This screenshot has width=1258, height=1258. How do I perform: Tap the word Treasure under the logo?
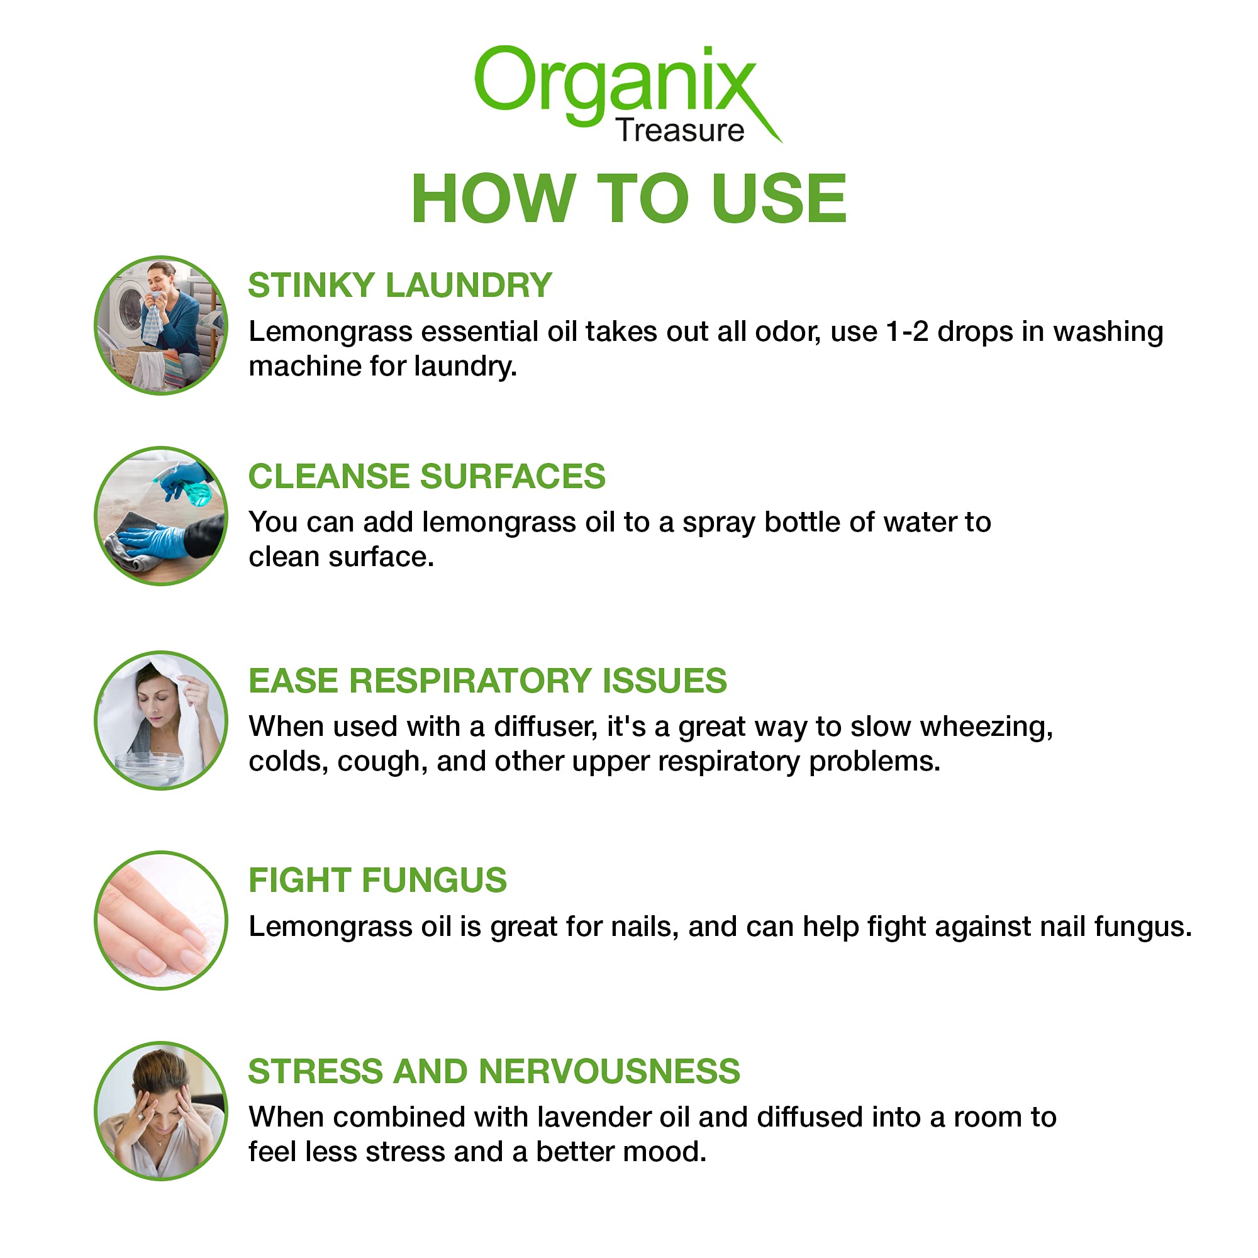click(680, 131)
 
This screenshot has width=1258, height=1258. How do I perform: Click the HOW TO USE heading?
click(629, 199)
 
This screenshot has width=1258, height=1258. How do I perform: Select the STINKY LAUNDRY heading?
click(400, 285)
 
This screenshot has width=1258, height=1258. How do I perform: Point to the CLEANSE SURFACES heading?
click(426, 476)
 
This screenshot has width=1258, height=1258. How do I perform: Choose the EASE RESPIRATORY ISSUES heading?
click(487, 681)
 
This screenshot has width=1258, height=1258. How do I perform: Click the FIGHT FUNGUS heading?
click(377, 881)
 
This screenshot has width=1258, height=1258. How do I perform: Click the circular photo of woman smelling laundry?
click(161, 326)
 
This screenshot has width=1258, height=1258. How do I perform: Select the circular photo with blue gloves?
click(161, 516)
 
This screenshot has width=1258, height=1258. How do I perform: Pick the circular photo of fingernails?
click(161, 921)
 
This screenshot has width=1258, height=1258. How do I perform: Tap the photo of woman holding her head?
click(161, 1111)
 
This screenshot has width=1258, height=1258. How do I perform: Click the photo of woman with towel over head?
click(161, 721)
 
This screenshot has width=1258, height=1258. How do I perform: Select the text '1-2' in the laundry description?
click(906, 332)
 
